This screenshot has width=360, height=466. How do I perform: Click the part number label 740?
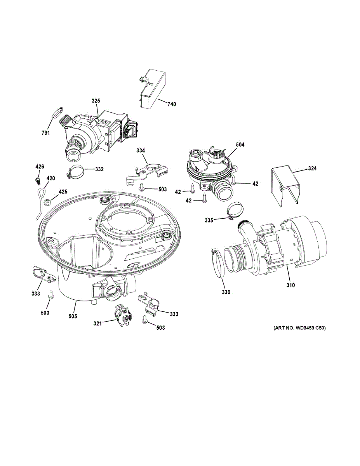pos(172,104)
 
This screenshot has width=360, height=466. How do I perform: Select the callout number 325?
pos(96,101)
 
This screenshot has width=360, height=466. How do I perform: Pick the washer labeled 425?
pos(47,202)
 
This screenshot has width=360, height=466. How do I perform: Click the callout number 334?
pos(141,150)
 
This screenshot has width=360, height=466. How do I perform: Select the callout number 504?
pos(240,144)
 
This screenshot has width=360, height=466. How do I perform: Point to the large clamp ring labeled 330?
pos(218,264)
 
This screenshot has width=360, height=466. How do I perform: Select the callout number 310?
pos(290,285)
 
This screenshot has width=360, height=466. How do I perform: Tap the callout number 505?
pos(73,316)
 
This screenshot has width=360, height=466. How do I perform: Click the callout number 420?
pos(51,178)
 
